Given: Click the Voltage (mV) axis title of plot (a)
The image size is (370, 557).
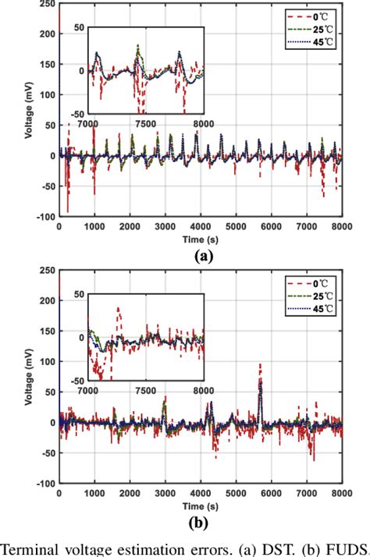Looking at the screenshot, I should click(29, 108).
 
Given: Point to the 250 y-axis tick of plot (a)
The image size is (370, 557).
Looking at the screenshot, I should click(45, 4).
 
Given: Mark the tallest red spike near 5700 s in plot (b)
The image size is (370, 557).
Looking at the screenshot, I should click(260, 365).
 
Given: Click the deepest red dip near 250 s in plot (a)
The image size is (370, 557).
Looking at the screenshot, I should click(68, 211).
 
